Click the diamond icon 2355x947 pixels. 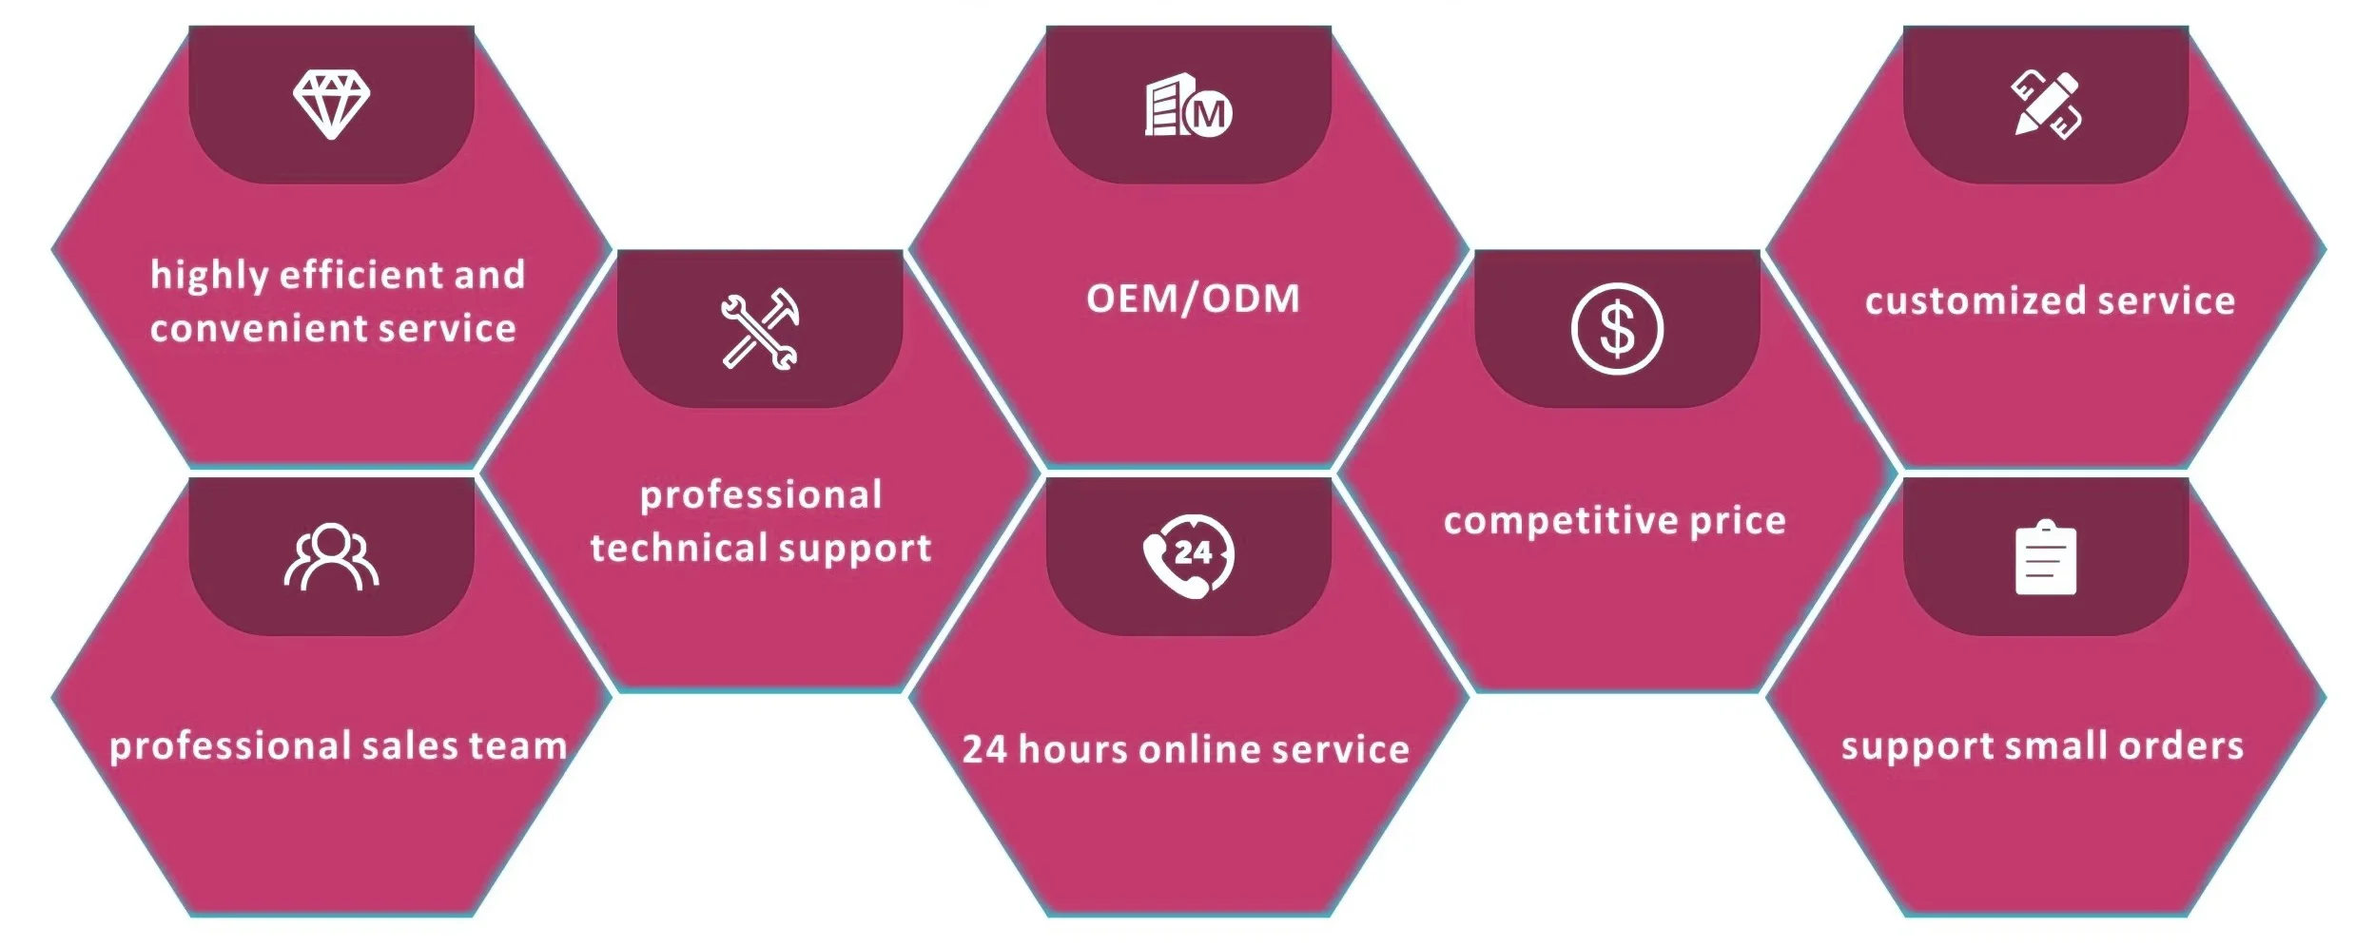pyautogui.click(x=331, y=104)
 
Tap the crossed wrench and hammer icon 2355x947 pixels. pyautogui.click(x=760, y=329)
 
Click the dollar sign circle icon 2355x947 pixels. pyautogui.click(x=1617, y=329)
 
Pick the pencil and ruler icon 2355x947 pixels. pyautogui.click(x=2046, y=105)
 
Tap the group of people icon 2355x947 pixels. pyautogui.click(x=331, y=557)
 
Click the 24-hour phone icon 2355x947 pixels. pyautogui.click(x=1188, y=556)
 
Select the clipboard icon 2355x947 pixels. pyautogui.click(x=2046, y=558)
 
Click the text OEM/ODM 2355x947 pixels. pyautogui.click(x=1193, y=299)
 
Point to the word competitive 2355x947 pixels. pyautogui.click(x=1561, y=521)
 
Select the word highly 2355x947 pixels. pyautogui.click(x=209, y=277)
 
